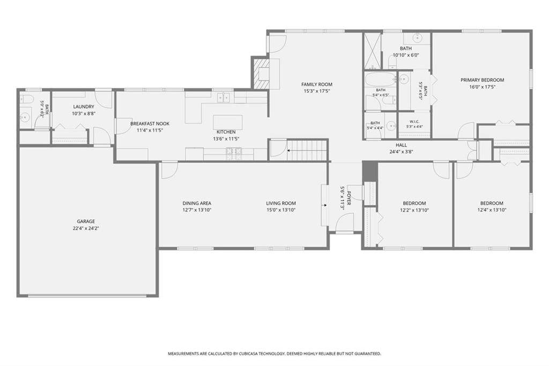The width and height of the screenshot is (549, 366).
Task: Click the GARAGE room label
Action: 86,221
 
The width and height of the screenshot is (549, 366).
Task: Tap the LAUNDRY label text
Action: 84,107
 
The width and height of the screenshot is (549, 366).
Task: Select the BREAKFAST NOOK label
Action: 150,123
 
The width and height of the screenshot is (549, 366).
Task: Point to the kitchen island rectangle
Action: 228,122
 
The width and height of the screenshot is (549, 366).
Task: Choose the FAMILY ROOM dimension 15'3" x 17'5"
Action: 317,91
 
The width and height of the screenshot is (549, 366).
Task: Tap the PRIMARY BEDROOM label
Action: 482,80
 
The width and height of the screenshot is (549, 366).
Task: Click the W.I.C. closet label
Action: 414,122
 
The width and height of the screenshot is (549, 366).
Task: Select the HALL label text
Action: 401,145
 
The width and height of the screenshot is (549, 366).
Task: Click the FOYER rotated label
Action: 348,198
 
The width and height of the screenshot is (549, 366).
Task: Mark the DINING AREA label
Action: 197,203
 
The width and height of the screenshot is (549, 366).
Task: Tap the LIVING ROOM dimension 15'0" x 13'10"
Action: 281,210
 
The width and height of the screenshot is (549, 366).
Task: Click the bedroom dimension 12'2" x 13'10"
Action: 414,210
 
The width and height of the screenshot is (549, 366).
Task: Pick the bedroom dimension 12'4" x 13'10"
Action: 492,210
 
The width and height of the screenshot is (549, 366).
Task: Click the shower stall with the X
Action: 372,51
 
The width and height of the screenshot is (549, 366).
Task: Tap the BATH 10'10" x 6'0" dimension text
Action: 406,55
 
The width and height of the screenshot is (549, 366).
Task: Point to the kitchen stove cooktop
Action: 234,151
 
